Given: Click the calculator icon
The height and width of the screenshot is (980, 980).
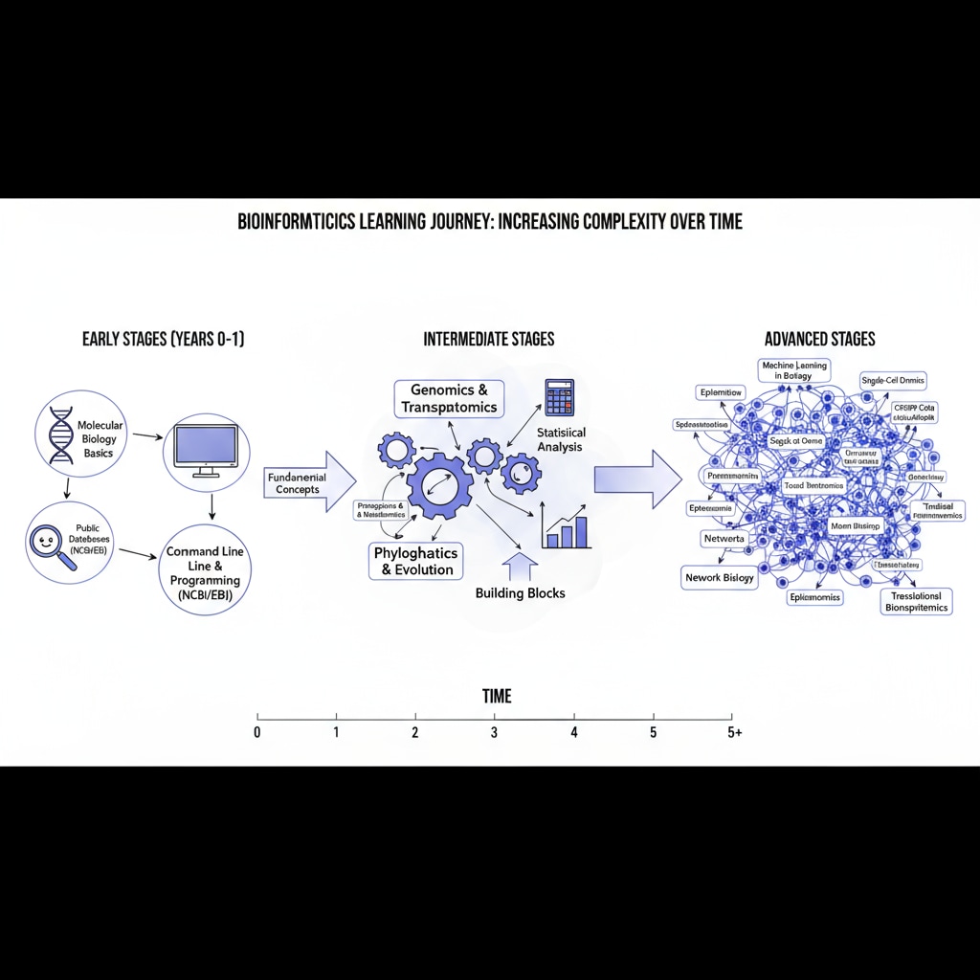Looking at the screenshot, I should (x=558, y=397).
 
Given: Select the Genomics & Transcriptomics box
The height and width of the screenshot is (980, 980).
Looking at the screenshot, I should (x=449, y=398).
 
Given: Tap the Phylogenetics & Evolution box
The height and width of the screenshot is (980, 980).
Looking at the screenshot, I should (x=416, y=561).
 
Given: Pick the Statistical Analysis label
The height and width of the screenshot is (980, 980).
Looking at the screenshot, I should (x=560, y=440).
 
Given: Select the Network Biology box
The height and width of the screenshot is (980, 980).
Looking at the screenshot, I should (x=720, y=577).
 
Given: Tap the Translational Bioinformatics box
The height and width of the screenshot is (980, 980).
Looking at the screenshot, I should (x=916, y=601).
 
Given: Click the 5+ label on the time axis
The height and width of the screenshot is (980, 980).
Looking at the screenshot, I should (x=733, y=733).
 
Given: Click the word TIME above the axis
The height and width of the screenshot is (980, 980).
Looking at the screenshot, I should (x=497, y=696).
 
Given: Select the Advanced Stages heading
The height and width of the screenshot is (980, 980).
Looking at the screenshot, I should (x=819, y=339).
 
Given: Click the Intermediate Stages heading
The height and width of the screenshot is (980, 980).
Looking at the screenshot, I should (x=488, y=339).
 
